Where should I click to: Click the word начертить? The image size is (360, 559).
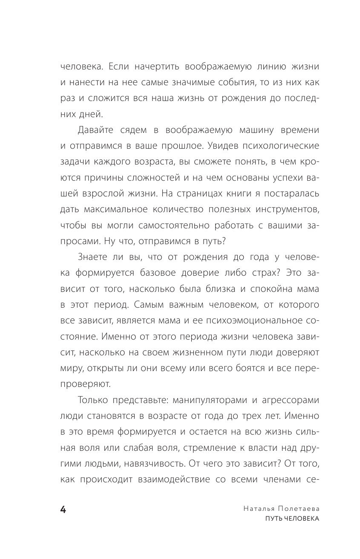[x=145, y=67]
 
